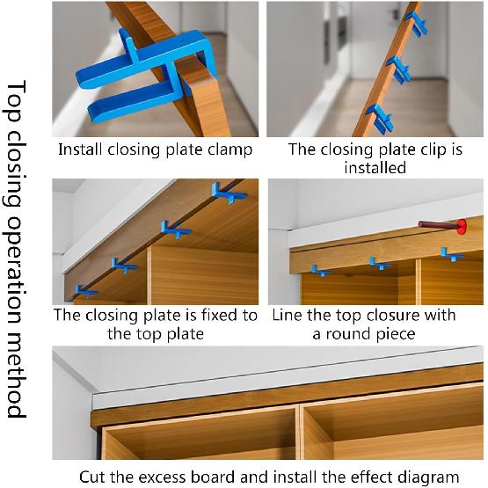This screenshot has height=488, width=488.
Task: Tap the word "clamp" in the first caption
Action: click(x=229, y=149)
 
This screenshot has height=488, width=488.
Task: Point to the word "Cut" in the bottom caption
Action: click(x=95, y=477)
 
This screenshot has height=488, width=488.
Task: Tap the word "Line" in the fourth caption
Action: click(x=289, y=314)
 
